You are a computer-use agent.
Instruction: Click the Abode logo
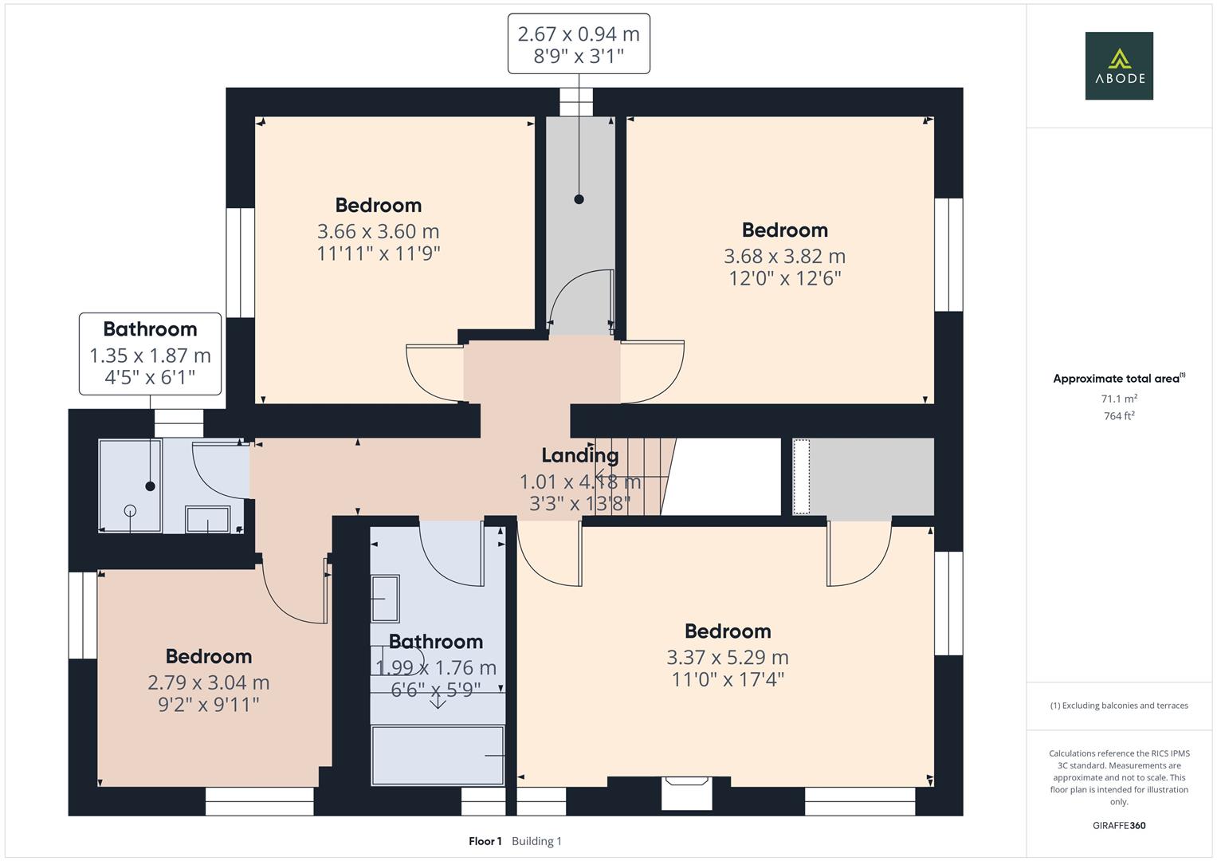pyautogui.click(x=1118, y=66)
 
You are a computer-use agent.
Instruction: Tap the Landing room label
pyautogui.click(x=579, y=456)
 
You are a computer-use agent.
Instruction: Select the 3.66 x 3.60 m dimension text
pyautogui.click(x=378, y=231)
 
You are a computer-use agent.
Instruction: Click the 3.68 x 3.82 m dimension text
pyautogui.click(x=784, y=256)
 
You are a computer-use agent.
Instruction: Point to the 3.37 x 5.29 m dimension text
pyautogui.click(x=727, y=657)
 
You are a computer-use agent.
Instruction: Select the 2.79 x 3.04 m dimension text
pyautogui.click(x=208, y=682)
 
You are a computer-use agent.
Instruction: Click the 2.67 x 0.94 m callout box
pyautogui.click(x=579, y=44)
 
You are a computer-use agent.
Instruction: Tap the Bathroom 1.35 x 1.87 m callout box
pyautogui.click(x=150, y=353)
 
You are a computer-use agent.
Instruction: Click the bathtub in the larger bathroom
pyautogui.click(x=438, y=754)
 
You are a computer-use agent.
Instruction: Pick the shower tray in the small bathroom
pyautogui.click(x=130, y=485)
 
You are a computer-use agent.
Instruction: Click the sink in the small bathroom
pyautogui.click(x=208, y=519)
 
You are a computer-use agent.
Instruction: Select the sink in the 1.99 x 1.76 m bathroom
pyautogui.click(x=386, y=598)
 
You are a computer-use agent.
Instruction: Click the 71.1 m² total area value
pyautogui.click(x=1118, y=399)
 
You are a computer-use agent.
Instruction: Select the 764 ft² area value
pyautogui.click(x=1118, y=416)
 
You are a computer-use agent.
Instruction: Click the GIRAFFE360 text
pyautogui.click(x=1118, y=825)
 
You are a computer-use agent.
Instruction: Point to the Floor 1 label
pyautogui.click(x=485, y=841)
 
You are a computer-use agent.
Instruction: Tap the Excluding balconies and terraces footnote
pyautogui.click(x=1118, y=706)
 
